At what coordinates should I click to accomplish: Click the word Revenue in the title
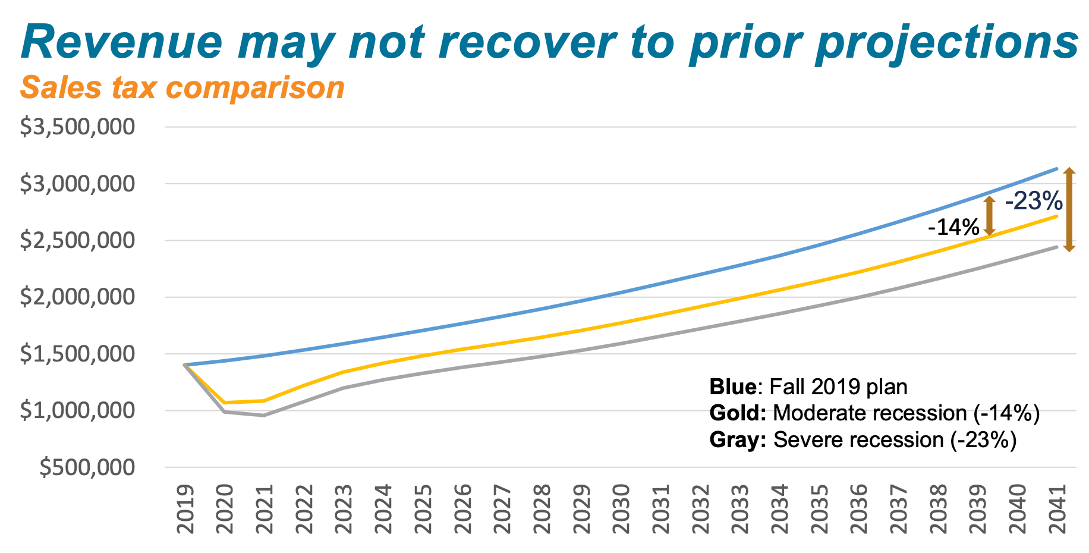coord(121,42)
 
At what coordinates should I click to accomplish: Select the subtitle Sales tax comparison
coord(182,88)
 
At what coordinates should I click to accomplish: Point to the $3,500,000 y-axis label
coord(78,127)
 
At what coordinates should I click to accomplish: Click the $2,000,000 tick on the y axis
coord(78,297)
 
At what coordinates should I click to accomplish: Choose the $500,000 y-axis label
coord(87,467)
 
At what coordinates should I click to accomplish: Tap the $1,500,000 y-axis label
coord(78,354)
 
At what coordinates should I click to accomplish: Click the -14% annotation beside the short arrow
coord(953,227)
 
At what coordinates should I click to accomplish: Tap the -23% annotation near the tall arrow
coord(1033,201)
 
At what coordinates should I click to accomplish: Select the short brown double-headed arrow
coord(989,216)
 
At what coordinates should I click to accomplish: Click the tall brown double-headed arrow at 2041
coord(1069,210)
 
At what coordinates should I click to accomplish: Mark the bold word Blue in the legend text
coord(732,387)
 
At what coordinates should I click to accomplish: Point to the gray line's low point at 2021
coord(263,415)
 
